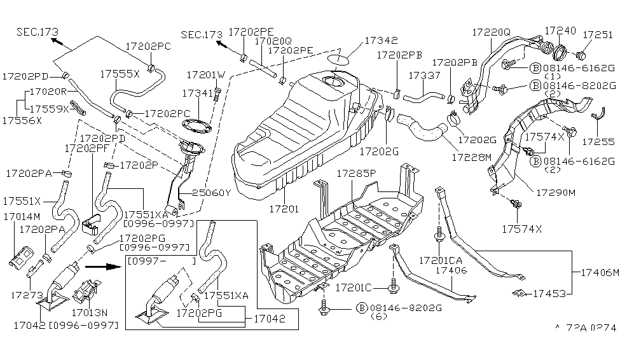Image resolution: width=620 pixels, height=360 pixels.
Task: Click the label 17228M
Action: click(x=471, y=155)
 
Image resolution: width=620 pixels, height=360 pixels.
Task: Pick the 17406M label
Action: click(x=598, y=272)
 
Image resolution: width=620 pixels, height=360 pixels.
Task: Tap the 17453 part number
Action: click(x=549, y=293)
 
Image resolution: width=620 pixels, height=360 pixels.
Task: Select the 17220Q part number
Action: click(x=492, y=31)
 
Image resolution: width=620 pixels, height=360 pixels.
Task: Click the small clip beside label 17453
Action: click(x=519, y=293)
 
